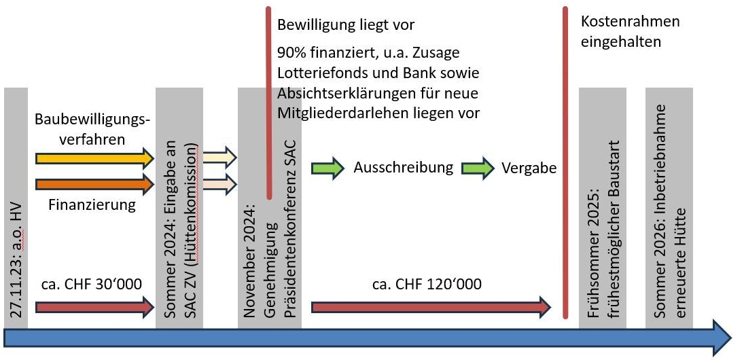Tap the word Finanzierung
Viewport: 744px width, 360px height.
(92, 204)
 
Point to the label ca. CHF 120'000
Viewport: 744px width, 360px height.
(427, 283)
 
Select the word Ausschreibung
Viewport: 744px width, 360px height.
(403, 168)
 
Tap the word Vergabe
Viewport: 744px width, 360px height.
(529, 168)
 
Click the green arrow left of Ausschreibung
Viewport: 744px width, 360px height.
(327, 168)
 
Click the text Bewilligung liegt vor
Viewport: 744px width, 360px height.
(345, 25)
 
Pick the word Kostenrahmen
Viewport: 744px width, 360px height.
(630, 22)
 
